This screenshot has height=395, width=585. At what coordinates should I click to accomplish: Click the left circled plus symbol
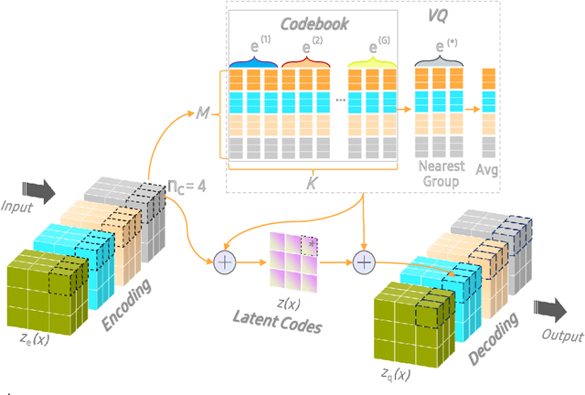pos(225,262)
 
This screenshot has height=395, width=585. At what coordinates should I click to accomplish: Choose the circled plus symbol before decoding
pos(365,262)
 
